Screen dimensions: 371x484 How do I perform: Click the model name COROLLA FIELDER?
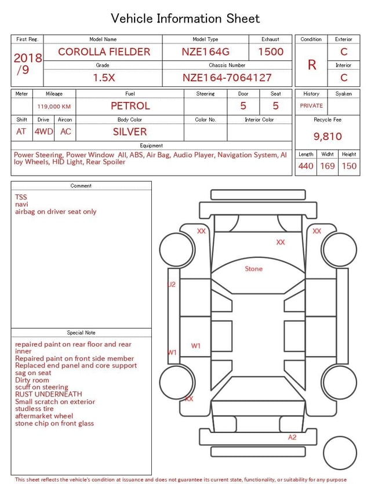(x=104, y=52)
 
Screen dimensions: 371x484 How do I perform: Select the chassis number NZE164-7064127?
(x=227, y=78)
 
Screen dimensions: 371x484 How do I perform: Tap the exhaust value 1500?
(x=271, y=52)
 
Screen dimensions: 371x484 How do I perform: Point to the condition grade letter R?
(x=312, y=65)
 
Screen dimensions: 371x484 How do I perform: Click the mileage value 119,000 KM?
(x=54, y=107)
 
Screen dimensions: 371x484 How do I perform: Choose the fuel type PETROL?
(x=130, y=106)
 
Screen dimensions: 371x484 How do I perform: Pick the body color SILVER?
(x=130, y=132)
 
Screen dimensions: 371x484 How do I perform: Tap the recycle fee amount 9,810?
(x=328, y=136)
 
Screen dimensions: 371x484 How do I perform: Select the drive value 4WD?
(x=43, y=132)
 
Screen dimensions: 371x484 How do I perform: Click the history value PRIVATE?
(x=311, y=105)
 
